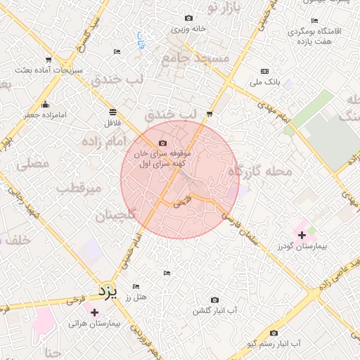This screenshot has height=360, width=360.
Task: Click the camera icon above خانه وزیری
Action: click(188, 18)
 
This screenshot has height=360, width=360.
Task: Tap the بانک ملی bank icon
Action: click(264, 71)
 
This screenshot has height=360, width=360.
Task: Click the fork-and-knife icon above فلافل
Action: click(112, 112)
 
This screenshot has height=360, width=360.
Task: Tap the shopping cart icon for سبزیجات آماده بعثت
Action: click(48, 60)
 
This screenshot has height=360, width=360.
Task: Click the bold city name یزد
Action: click(106, 290)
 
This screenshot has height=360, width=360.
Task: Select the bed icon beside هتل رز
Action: click(136, 286)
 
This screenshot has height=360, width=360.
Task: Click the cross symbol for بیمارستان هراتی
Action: click(94, 312)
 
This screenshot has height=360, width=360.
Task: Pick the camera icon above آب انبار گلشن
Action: click(214, 300)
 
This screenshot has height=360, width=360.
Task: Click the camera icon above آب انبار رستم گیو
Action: click(274, 333)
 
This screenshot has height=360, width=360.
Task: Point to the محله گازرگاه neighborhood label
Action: click(259, 171)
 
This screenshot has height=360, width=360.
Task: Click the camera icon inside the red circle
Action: click(163, 143)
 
